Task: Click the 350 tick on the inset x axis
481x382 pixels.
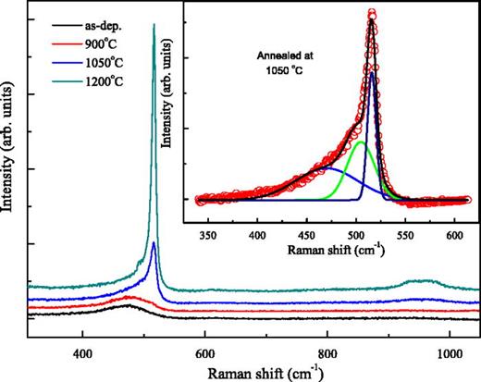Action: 209,235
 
